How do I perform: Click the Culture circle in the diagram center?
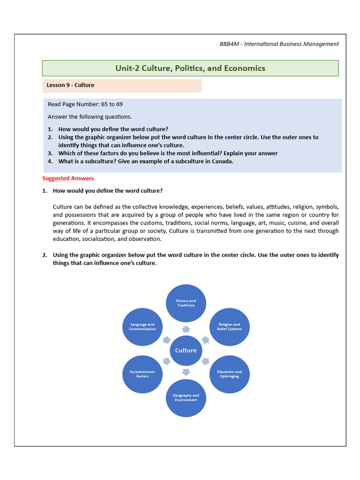click(x=186, y=351)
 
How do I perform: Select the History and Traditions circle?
click(x=186, y=303)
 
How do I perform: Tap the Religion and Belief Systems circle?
click(x=229, y=327)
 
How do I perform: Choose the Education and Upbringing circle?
click(x=229, y=374)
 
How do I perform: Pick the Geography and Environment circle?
click(x=186, y=398)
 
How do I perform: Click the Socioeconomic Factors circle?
click(x=142, y=374)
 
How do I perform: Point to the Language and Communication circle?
click(x=142, y=327)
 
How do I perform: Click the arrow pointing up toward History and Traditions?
click(x=186, y=329)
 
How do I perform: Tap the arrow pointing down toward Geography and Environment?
click(x=186, y=372)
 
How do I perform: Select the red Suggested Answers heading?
click(x=68, y=178)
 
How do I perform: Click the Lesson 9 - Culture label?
click(x=70, y=85)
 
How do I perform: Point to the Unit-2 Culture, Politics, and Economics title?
click(x=190, y=68)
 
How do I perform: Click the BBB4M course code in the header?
click(x=230, y=44)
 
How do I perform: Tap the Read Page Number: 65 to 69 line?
click(x=85, y=104)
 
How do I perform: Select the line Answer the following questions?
click(x=90, y=117)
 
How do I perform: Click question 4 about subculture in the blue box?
click(x=145, y=161)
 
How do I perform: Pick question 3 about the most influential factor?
click(x=167, y=153)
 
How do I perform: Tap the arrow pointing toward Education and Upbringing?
click(x=205, y=361)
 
